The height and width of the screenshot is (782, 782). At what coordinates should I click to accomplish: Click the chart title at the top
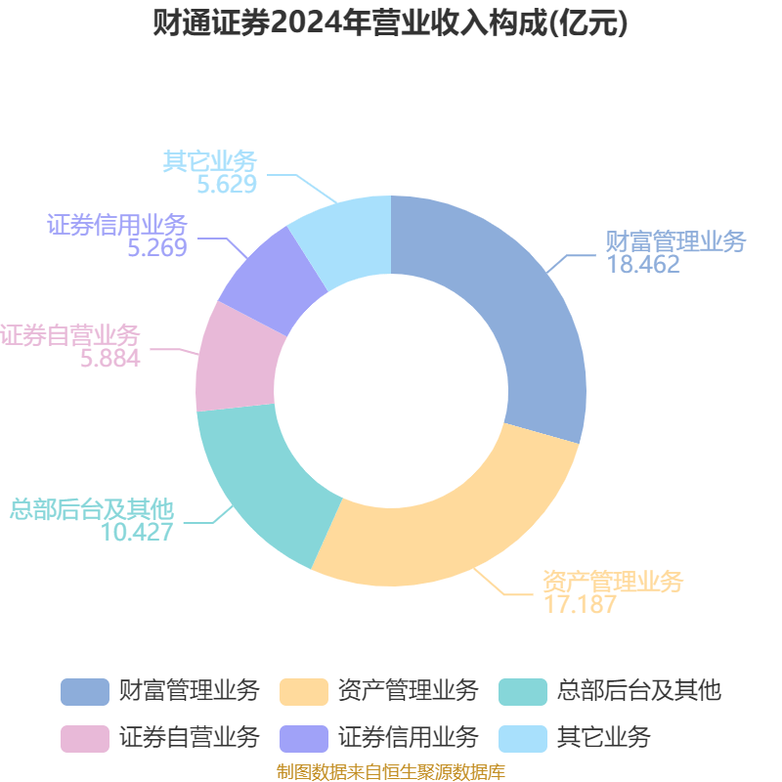click(x=391, y=23)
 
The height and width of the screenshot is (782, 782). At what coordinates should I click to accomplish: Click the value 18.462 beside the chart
click(x=643, y=264)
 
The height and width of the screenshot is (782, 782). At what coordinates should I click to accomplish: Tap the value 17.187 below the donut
click(x=580, y=604)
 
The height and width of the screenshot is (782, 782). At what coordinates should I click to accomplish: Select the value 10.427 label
click(x=137, y=532)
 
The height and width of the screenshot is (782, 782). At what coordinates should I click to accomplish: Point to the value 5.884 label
click(x=110, y=359)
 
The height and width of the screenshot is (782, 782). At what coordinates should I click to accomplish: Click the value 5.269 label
click(x=156, y=247)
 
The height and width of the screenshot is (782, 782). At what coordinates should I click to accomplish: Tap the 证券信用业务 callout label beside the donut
click(x=117, y=224)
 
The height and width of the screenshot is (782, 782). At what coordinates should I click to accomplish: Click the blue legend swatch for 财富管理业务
click(x=85, y=691)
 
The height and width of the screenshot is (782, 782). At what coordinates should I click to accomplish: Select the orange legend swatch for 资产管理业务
click(x=304, y=691)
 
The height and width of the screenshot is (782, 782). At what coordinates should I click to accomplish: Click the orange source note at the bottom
click(x=391, y=772)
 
